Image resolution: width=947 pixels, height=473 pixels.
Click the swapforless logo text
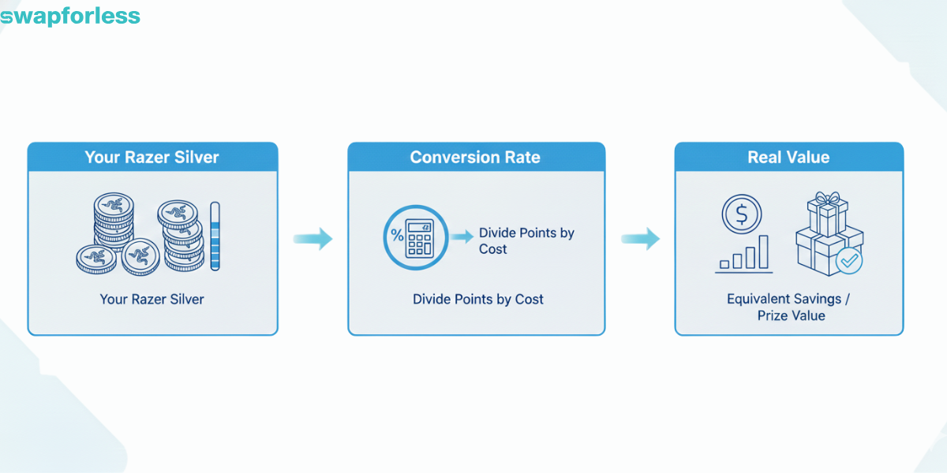coord(70,16)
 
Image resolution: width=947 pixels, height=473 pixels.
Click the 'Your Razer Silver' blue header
coord(152,157)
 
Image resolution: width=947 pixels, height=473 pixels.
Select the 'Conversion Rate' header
coord(475,157)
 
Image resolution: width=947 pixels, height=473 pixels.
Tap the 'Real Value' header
coord(788,157)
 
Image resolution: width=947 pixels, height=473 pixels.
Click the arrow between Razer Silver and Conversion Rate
coord(313,238)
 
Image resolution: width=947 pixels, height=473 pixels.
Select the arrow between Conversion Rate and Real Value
coord(640,238)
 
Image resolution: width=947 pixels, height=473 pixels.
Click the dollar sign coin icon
coord(742,213)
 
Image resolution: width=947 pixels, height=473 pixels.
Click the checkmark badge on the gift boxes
coord(848,261)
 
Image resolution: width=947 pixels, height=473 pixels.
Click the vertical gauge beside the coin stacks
coord(215,236)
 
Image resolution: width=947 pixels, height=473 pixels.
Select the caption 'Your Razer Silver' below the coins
coord(152,300)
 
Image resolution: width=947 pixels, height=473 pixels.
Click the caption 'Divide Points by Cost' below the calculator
coord(478,300)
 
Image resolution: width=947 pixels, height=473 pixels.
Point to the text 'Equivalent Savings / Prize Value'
coord(788,307)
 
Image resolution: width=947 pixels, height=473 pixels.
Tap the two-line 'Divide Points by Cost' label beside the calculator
coord(526,241)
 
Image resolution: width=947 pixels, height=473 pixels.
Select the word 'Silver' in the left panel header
coord(198,157)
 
